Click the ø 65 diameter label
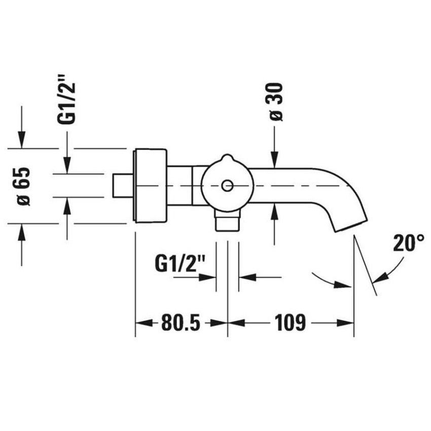tap(23, 186)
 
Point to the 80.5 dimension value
tap(181, 322)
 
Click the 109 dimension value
tap(290, 322)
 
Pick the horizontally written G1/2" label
tap(177, 264)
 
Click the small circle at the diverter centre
tap(227, 186)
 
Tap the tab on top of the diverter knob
tap(227, 159)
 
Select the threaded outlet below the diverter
tap(227, 221)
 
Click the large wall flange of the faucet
tap(150, 185)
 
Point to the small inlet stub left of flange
tap(122, 186)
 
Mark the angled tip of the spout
tap(350, 223)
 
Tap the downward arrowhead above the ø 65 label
tap(21, 142)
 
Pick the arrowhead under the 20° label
tap(379, 277)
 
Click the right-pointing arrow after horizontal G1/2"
tap(209, 277)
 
